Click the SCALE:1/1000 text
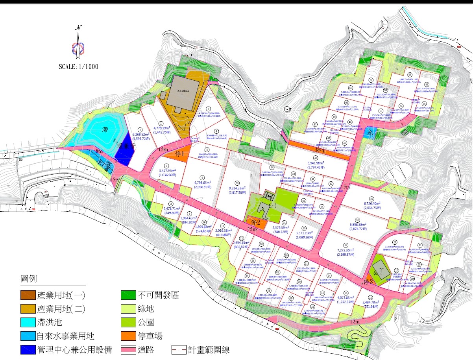[x=78, y=66]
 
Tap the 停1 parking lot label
[x=179, y=154]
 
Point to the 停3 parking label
[x=369, y=282]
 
